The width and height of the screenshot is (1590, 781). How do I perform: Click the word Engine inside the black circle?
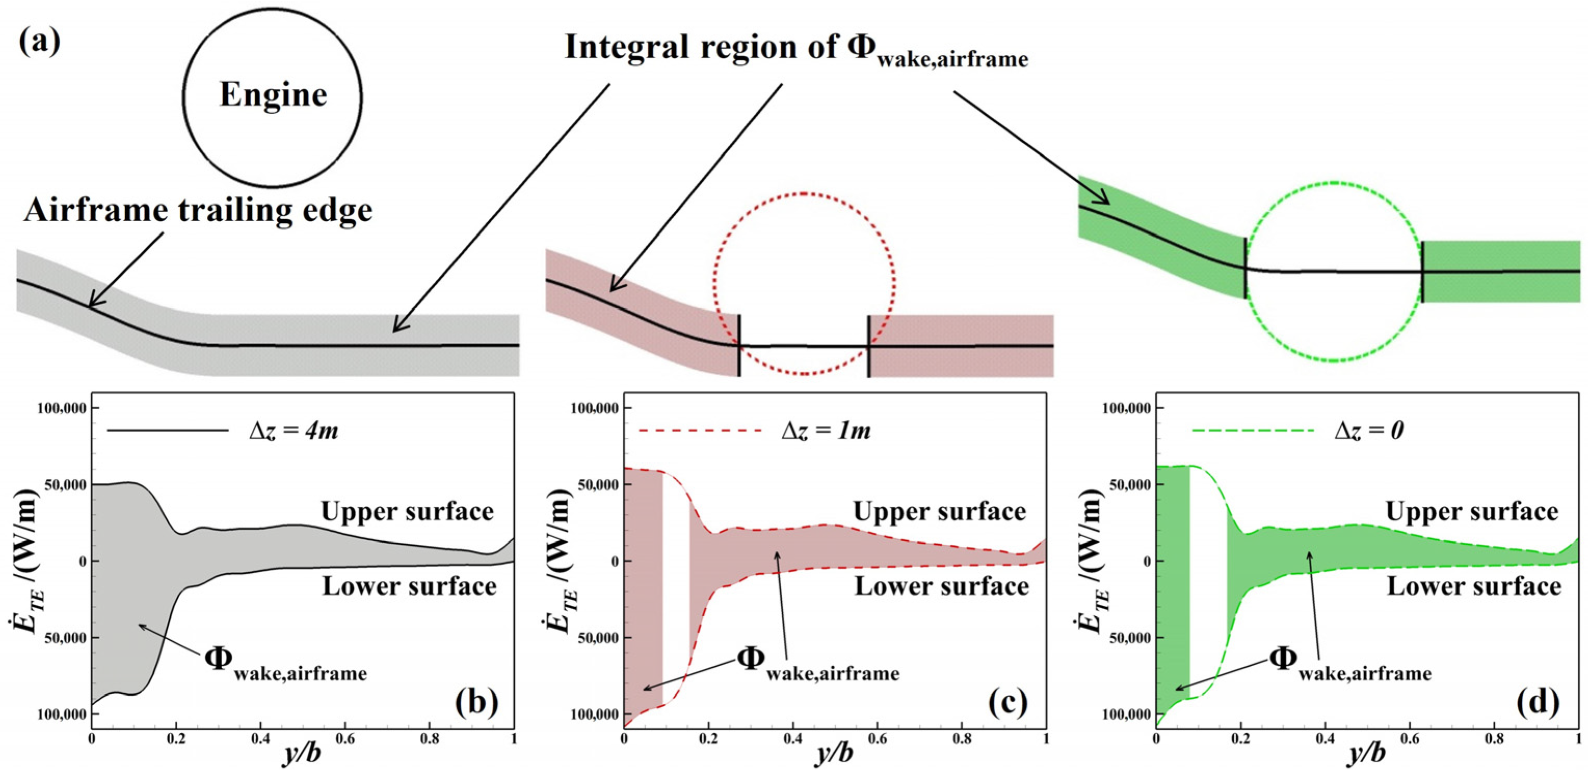(x=273, y=96)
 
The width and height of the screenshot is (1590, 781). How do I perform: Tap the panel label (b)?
(x=476, y=702)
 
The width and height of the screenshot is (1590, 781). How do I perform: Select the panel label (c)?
(x=1007, y=702)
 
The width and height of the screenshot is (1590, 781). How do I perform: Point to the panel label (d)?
(x=1540, y=702)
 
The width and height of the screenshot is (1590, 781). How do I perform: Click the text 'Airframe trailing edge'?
(x=198, y=210)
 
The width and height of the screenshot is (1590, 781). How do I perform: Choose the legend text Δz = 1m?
(x=825, y=430)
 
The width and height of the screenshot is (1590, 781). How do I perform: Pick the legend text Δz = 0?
(x=1369, y=430)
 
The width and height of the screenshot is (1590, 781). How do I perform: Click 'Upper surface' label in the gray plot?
(x=407, y=511)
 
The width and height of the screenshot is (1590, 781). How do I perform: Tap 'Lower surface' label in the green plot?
(x=1474, y=586)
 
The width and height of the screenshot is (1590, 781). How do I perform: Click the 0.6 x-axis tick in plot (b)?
(x=345, y=738)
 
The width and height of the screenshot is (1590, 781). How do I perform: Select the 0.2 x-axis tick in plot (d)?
(x=1240, y=738)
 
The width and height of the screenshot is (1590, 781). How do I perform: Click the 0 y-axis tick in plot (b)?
(x=82, y=561)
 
